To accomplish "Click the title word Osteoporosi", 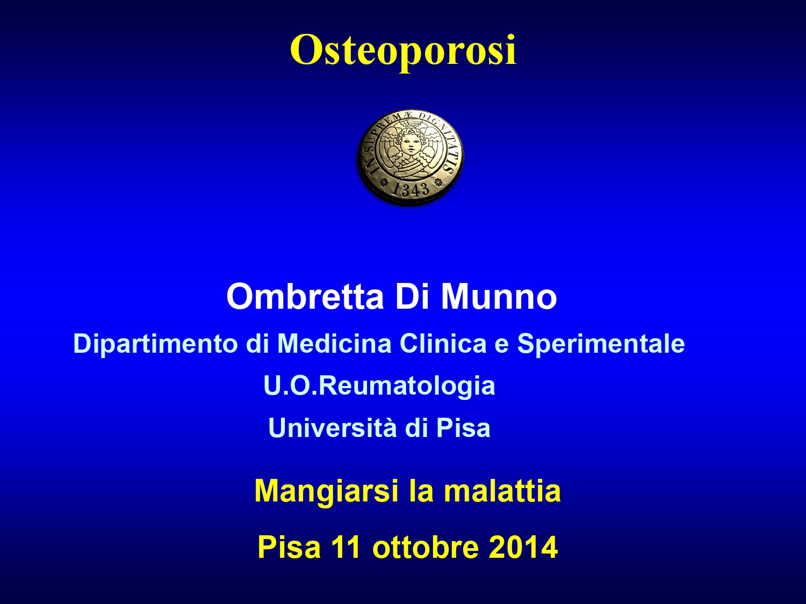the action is (403, 50).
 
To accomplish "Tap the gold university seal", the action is (410, 158).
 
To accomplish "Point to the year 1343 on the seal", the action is (410, 189).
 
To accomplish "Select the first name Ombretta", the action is (305, 296).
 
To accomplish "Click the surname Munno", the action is (499, 296).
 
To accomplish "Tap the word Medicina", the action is (334, 343).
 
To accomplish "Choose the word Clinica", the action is (443, 343).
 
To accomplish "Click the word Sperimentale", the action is (601, 344).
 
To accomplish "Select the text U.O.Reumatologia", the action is (379, 386).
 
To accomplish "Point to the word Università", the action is (333, 427).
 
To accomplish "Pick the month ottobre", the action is (426, 547).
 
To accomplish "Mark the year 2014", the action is (523, 547).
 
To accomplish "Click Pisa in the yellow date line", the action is (289, 547).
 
